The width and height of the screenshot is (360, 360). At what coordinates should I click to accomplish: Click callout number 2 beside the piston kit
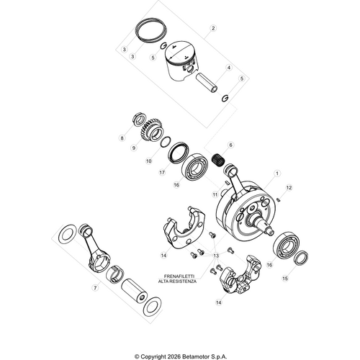(212, 29)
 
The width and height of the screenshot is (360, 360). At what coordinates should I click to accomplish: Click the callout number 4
(229, 67)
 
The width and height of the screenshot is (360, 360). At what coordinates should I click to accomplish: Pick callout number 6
(230, 145)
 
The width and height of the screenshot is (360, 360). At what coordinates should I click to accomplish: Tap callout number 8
(123, 137)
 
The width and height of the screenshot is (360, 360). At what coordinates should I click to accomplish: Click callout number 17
(163, 173)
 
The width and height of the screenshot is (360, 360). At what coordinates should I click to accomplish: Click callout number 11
(214, 195)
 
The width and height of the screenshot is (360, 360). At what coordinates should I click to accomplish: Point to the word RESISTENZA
(187, 281)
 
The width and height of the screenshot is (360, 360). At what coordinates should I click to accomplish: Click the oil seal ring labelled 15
(300, 258)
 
